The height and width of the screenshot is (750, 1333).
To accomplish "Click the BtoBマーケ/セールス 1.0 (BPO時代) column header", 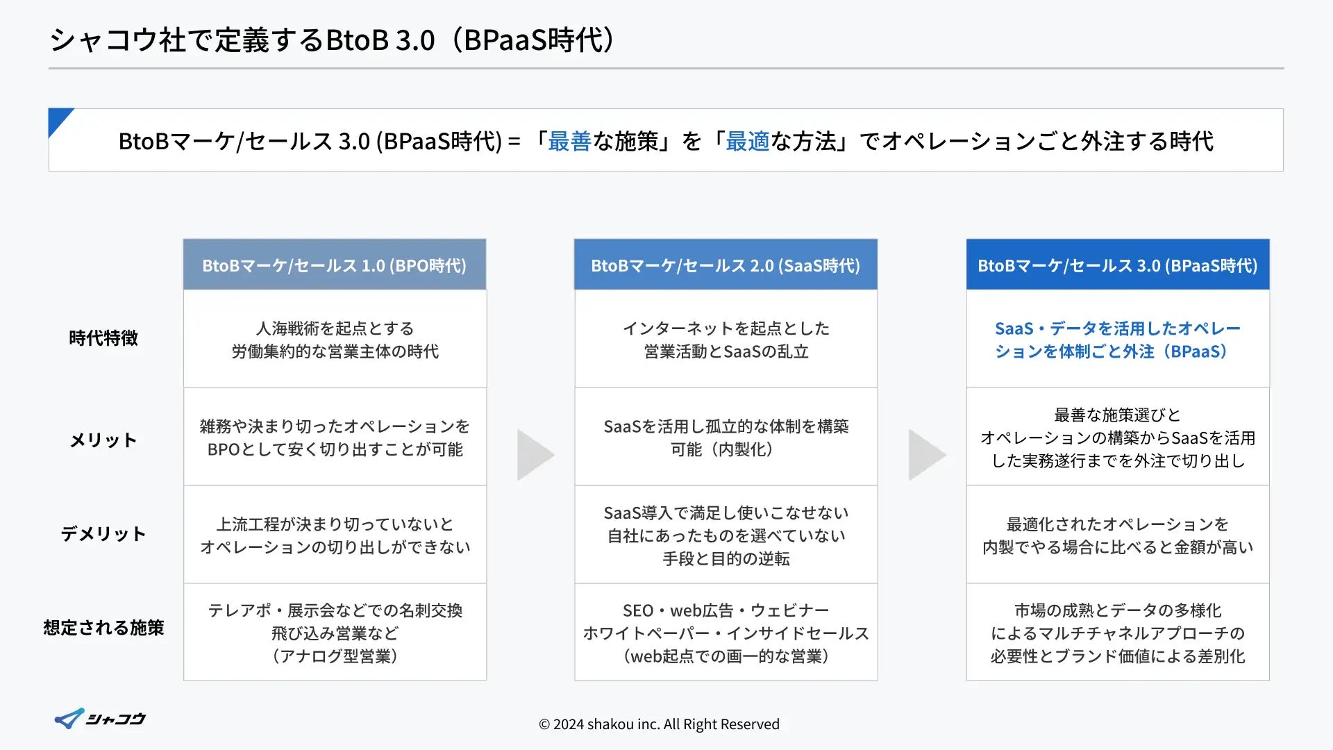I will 334,265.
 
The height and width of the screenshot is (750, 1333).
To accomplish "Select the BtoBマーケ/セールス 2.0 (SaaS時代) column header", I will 726,265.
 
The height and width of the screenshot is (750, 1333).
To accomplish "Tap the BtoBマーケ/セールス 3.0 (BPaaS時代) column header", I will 1117,265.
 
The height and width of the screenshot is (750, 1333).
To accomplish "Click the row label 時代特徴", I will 103,338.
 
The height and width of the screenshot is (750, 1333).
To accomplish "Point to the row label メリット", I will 103,440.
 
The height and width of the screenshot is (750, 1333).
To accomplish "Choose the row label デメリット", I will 103,534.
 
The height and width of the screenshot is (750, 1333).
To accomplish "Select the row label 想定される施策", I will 103,628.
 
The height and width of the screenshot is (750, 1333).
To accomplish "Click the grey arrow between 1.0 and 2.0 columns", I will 534,455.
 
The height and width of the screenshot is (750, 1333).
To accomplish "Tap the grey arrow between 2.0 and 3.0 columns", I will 925,455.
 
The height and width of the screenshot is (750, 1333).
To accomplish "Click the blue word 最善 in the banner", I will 569,142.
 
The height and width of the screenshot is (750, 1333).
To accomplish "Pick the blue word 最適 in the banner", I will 747,142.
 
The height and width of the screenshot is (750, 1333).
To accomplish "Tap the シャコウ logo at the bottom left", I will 100,719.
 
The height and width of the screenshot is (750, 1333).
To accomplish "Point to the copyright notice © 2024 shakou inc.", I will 659,724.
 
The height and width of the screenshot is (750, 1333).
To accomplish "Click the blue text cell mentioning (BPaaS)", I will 1117,340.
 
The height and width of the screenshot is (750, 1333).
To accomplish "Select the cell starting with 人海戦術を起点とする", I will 335,340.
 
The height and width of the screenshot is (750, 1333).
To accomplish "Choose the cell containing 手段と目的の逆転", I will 726,535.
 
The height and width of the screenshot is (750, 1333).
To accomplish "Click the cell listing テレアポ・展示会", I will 335,633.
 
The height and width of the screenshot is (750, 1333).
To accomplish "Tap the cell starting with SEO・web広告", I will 726,633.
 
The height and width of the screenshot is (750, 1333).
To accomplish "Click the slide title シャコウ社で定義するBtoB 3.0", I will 332,40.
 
